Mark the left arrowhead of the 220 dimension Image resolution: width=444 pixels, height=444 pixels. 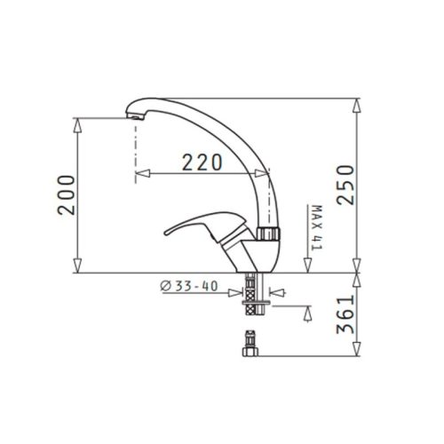pos(140,174)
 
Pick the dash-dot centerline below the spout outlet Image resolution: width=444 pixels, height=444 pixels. pos(135,151)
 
